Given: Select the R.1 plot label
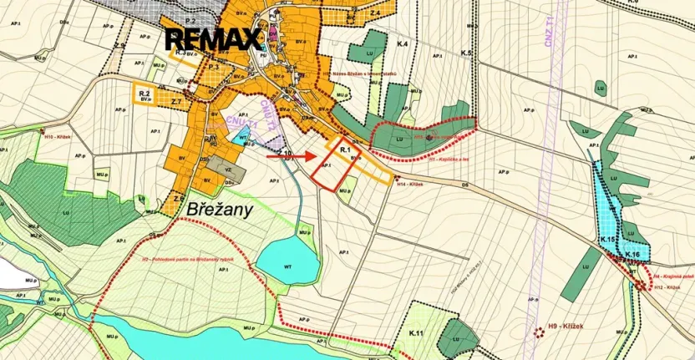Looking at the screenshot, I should pos(345,147).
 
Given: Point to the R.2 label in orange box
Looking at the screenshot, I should pos(145,93).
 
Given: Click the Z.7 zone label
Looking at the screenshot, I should pos(176,101).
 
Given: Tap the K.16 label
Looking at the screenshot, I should pos(632,254).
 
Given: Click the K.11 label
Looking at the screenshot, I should pos(418,334).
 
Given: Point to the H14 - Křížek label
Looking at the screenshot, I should pos(411,184).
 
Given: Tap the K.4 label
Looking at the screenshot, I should pos(403,42).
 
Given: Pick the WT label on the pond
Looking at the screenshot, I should pos(288,266).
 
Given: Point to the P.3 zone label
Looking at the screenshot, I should pos(214,65).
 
